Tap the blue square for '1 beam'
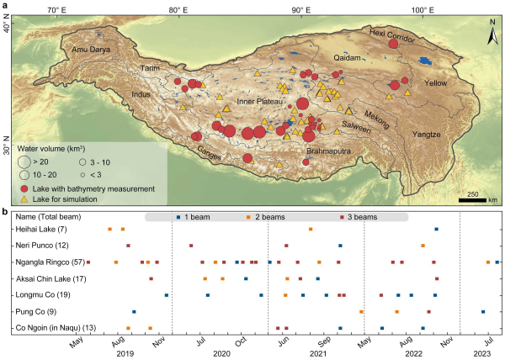click(178, 218)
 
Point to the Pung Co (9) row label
click(32, 310)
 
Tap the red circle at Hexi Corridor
click(392, 43)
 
